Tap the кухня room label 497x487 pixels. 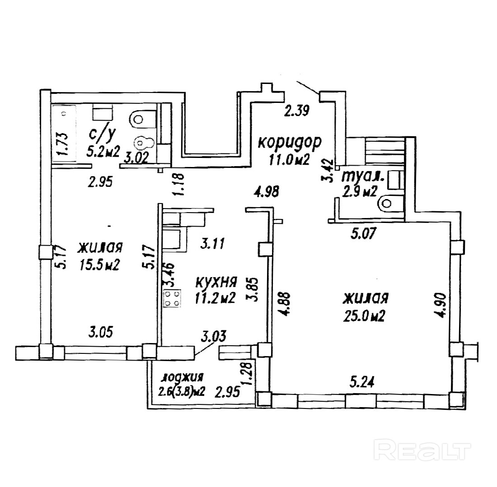click(x=216, y=283)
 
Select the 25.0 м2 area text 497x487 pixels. click(x=364, y=317)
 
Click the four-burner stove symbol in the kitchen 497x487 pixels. click(x=172, y=298)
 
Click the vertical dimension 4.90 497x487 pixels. click(x=441, y=308)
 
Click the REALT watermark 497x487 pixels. click(x=423, y=450)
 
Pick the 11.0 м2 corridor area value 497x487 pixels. click(x=289, y=159)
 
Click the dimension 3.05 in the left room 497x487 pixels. click(x=100, y=333)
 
